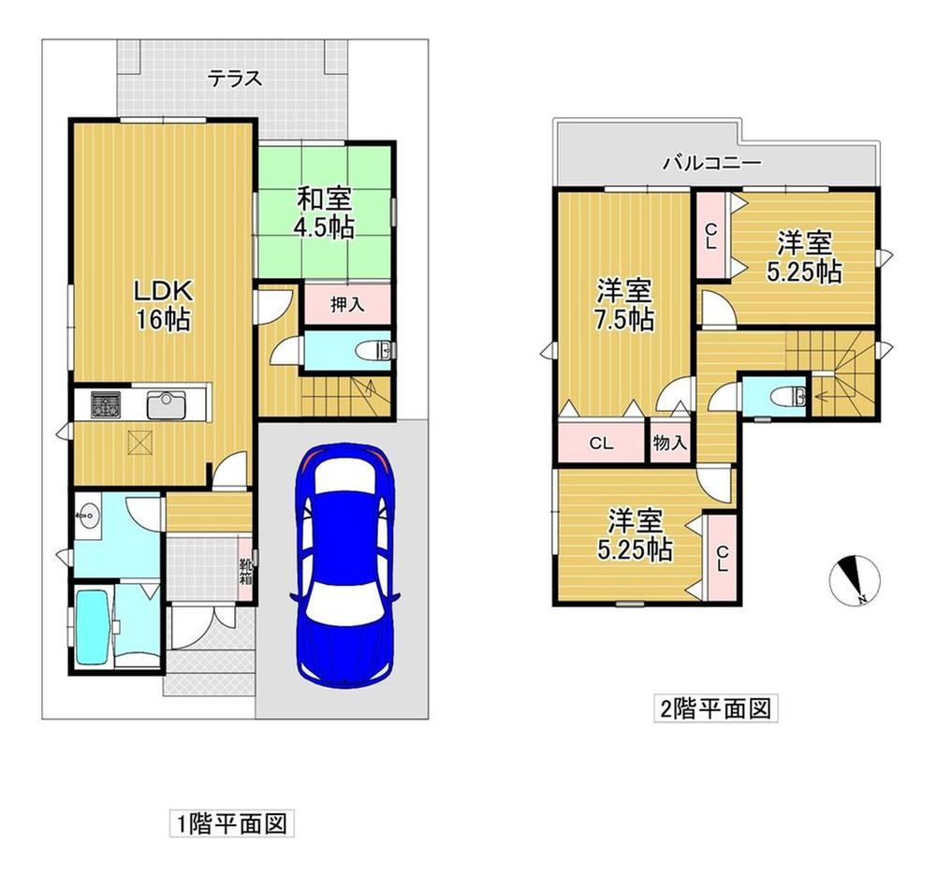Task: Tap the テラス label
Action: (x=235, y=79)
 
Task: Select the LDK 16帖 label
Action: (x=163, y=305)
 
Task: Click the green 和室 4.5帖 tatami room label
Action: (x=324, y=212)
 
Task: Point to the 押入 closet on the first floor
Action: (x=347, y=304)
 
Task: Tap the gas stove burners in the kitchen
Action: (x=106, y=404)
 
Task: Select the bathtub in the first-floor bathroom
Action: (x=92, y=627)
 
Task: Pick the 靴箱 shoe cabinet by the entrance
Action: (x=246, y=571)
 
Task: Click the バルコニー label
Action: (x=712, y=163)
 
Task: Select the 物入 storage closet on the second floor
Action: (x=670, y=443)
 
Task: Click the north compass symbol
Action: (x=855, y=580)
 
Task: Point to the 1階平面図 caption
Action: (x=231, y=824)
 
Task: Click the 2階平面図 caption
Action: (x=715, y=708)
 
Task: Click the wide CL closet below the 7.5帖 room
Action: (x=602, y=443)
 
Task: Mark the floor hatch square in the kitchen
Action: (x=141, y=443)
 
